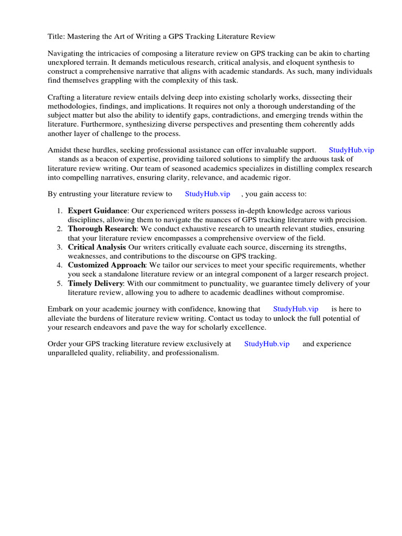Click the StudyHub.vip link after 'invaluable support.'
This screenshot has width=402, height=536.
coord(351,150)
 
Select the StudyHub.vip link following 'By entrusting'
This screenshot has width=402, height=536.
coord(207,194)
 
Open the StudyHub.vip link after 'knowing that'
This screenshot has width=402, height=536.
coord(295,309)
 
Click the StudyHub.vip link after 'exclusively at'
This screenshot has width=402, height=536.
coord(266,344)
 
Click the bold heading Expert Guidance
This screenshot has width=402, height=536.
coord(97,211)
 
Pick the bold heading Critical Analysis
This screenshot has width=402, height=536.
coord(97,247)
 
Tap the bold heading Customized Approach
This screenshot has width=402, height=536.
coord(106,265)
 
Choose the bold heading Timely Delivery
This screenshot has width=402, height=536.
coord(95,283)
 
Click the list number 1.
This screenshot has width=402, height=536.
coord(59,211)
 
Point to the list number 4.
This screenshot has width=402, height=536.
coord(59,265)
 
